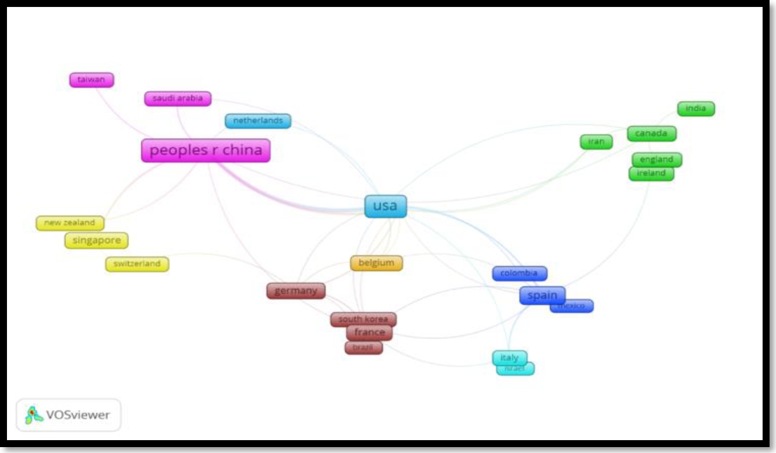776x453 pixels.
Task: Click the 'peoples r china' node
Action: point(205,150)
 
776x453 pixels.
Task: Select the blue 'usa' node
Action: point(385,206)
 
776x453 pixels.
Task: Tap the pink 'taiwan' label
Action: point(92,80)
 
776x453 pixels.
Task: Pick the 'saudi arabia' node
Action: point(177,99)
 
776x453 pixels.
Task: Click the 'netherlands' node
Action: point(258,121)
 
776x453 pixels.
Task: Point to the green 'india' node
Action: point(696,109)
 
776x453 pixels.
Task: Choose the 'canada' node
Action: point(651,133)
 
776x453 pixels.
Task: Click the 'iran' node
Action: point(596,142)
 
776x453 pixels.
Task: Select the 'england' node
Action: point(656,159)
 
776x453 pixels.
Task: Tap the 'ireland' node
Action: point(651,173)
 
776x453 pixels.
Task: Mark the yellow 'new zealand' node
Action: point(70,223)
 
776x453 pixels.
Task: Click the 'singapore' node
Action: point(96,240)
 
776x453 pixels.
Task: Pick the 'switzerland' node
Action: point(137,264)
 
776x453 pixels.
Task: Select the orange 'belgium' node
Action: point(376,263)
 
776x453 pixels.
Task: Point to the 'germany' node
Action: point(296,291)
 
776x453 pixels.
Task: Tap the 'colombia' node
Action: point(519,273)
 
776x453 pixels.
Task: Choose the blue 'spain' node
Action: point(542,295)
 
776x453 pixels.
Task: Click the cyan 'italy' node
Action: point(509,357)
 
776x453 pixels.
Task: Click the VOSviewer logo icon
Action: point(34,415)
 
